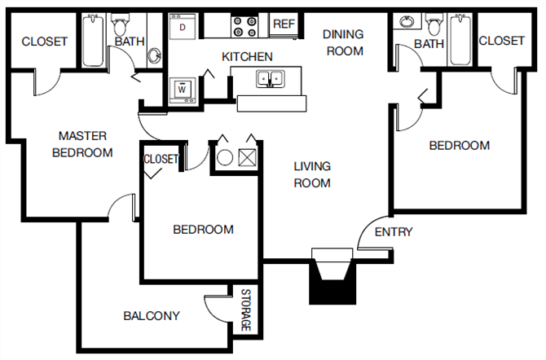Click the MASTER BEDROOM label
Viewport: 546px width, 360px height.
[x=82, y=144]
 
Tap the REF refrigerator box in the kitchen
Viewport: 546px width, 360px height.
[x=284, y=24]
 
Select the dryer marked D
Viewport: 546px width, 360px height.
[x=183, y=27]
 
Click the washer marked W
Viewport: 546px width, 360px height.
[x=182, y=88]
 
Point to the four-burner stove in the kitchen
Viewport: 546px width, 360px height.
[x=244, y=26]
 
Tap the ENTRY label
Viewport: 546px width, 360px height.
[x=393, y=232]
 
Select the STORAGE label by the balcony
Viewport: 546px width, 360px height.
[x=245, y=310]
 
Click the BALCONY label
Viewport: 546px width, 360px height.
[x=151, y=315]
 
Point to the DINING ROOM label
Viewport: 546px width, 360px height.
[x=342, y=42]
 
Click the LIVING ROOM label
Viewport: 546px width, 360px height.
[x=312, y=174]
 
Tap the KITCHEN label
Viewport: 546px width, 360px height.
[x=247, y=57]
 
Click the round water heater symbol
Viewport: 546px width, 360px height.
[x=224, y=157]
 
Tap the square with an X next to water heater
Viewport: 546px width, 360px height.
[x=249, y=157]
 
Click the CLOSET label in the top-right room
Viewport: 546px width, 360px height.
[x=501, y=41]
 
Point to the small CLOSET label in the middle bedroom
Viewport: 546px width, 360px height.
[x=161, y=160]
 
